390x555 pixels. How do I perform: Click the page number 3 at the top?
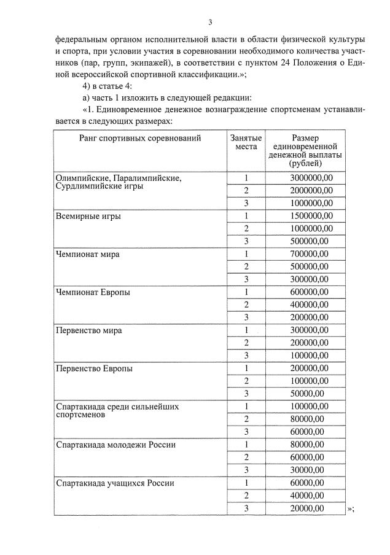(x=210, y=23)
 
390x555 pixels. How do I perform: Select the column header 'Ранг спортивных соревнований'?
(x=140, y=139)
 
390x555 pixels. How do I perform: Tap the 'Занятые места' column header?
(x=246, y=143)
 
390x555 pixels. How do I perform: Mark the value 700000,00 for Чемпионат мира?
(x=307, y=254)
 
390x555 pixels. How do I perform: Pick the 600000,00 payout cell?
(x=307, y=292)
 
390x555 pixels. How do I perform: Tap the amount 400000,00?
(x=307, y=305)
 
